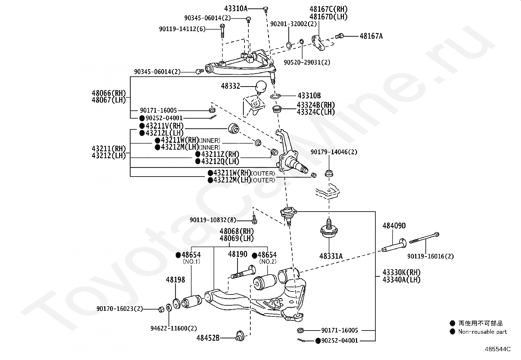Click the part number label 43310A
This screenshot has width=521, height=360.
pyautogui.click(x=236, y=9)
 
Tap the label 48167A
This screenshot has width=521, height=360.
pyautogui.click(x=371, y=36)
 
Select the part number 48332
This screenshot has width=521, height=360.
pyautogui.click(x=230, y=86)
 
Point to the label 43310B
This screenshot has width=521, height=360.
pyautogui.click(x=309, y=96)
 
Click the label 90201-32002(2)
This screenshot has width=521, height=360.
pyautogui.click(x=294, y=24)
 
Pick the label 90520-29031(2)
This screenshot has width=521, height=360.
pyautogui.click(x=307, y=63)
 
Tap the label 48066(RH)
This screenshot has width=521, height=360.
pyautogui.click(x=109, y=93)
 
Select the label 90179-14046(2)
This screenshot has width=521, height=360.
pyautogui.click(x=334, y=152)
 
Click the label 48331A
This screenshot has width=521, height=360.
pyautogui.click(x=331, y=256)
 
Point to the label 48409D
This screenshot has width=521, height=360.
pyautogui.click(x=394, y=226)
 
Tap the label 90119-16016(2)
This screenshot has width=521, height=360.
pyautogui.click(x=431, y=256)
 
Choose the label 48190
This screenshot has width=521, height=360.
pyautogui.click(x=238, y=254)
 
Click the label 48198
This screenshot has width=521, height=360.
pyautogui.click(x=175, y=280)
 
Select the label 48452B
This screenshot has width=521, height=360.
pyautogui.click(x=208, y=338)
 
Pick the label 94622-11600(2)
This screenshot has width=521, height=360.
pyautogui.click(x=173, y=328)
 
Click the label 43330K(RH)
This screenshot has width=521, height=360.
pyautogui.click(x=402, y=272)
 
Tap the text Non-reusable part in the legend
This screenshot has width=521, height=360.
pyautogui.click(x=483, y=332)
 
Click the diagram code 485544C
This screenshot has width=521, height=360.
pyautogui.click(x=498, y=349)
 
